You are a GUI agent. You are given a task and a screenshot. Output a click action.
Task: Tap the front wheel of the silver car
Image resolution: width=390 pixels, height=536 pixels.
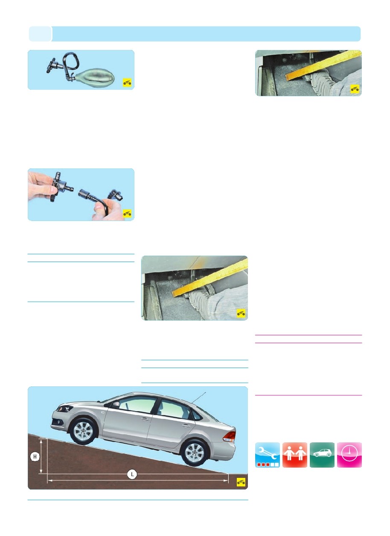coord(83,433)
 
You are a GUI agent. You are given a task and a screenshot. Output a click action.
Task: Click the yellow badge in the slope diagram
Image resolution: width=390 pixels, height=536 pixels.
coord(241,482)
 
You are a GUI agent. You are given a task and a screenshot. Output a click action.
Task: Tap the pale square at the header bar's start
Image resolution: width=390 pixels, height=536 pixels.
coord(40,34)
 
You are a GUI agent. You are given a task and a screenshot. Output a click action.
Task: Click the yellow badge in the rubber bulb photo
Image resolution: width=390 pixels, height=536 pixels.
coord(127,82)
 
